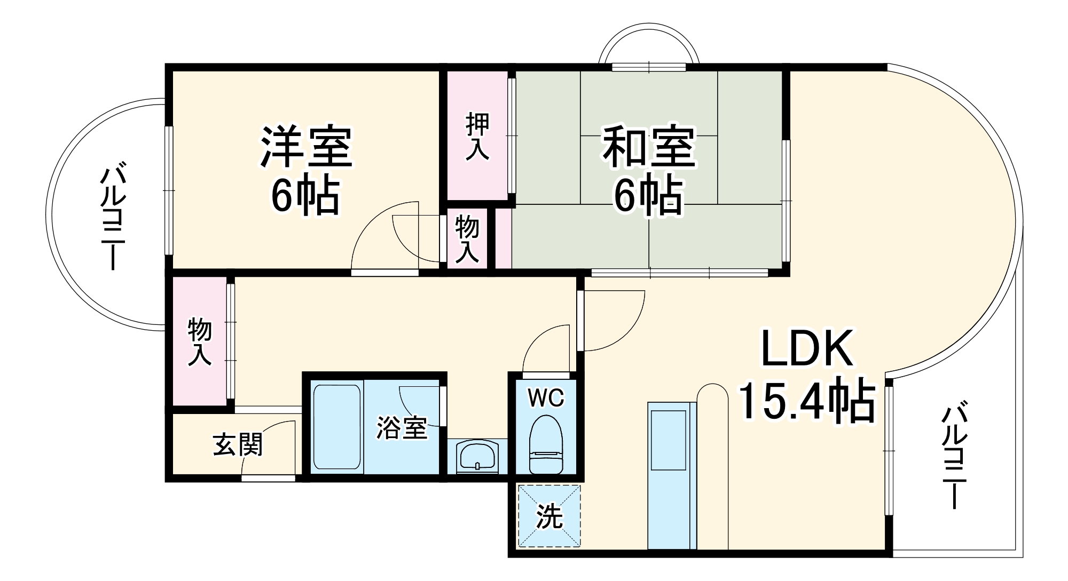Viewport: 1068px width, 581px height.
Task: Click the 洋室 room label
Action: click(306, 147)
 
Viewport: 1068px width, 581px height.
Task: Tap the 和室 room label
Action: click(649, 147)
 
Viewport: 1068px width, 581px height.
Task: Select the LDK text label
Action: click(806, 349)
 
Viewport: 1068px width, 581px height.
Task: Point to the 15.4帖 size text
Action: click(806, 401)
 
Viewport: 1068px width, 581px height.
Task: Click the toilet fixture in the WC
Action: click(546, 451)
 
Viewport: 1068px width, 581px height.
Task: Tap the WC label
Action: click(546, 397)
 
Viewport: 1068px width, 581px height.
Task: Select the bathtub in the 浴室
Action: click(336, 427)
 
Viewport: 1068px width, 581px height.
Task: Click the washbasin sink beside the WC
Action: click(477, 458)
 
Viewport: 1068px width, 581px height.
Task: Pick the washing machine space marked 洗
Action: click(549, 515)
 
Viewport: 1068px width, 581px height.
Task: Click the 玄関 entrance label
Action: click(238, 444)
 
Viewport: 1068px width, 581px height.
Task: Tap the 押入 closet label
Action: click(477, 136)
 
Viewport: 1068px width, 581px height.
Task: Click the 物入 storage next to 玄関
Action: click(200, 341)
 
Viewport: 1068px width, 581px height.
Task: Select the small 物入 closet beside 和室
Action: click(467, 240)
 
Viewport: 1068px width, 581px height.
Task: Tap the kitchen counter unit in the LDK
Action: click(671, 475)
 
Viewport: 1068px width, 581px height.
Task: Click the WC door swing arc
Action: click(542, 341)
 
